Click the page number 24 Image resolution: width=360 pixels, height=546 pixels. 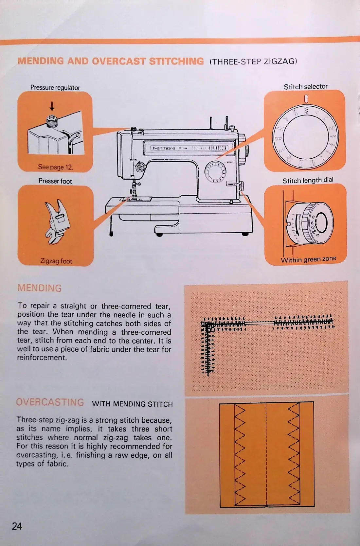pyautogui.click(x=17, y=526)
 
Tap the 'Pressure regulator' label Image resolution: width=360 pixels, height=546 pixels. pyautogui.click(x=55, y=88)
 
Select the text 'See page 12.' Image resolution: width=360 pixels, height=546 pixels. pyautogui.click(x=56, y=167)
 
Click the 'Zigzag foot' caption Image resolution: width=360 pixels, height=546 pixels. pyautogui.click(x=56, y=261)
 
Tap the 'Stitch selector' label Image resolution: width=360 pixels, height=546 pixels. pyautogui.click(x=305, y=87)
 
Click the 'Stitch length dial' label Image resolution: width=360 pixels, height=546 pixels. pyautogui.click(x=308, y=180)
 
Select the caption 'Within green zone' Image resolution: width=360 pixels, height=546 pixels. pyautogui.click(x=308, y=259)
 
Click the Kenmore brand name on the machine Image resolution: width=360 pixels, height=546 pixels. pyautogui.click(x=164, y=148)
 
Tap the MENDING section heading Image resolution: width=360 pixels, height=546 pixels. pyautogui.click(x=39, y=288)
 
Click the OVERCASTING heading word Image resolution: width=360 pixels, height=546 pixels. pyautogui.click(x=50, y=402)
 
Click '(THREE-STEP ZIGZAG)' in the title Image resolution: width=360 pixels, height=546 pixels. pyautogui.click(x=253, y=62)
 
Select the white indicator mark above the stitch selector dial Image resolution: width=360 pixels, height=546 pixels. pyautogui.click(x=306, y=98)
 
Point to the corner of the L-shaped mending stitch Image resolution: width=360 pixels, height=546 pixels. pyautogui.click(x=205, y=325)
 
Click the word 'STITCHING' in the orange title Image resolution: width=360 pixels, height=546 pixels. pyautogui.click(x=176, y=61)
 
